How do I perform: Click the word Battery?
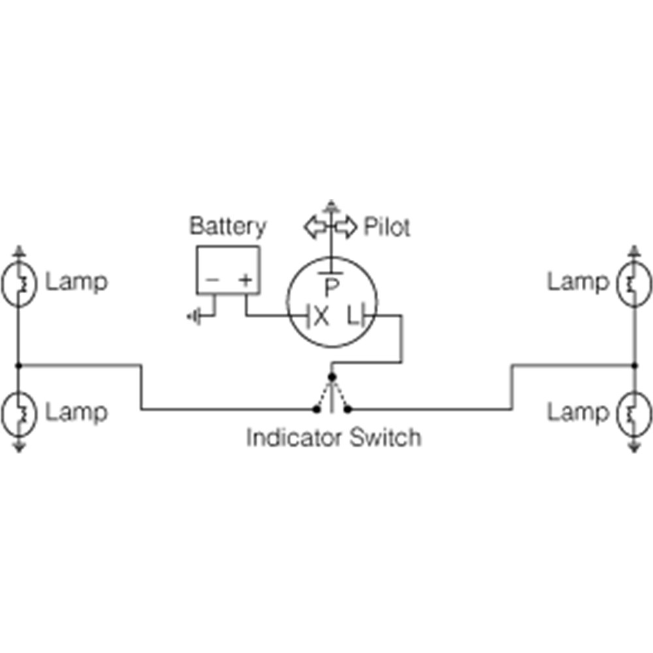(x=228, y=227)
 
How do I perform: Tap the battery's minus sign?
(x=212, y=279)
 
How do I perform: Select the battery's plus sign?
(x=246, y=279)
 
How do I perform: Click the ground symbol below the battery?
(x=194, y=317)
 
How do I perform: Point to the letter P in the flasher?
(x=332, y=288)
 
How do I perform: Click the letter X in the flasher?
(x=321, y=317)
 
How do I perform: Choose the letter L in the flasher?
(x=353, y=315)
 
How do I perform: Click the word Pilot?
(x=387, y=227)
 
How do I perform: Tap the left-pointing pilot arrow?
(x=315, y=227)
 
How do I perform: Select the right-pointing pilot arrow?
(x=345, y=227)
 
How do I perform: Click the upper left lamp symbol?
(x=19, y=284)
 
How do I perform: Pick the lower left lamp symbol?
(x=19, y=413)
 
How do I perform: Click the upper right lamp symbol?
(x=634, y=284)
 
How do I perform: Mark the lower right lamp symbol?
(x=634, y=413)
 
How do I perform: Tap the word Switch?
(x=386, y=438)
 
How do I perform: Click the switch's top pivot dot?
(x=332, y=377)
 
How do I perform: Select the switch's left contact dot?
(x=317, y=410)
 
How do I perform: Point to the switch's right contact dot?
(x=348, y=410)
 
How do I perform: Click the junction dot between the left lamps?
(x=18, y=366)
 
